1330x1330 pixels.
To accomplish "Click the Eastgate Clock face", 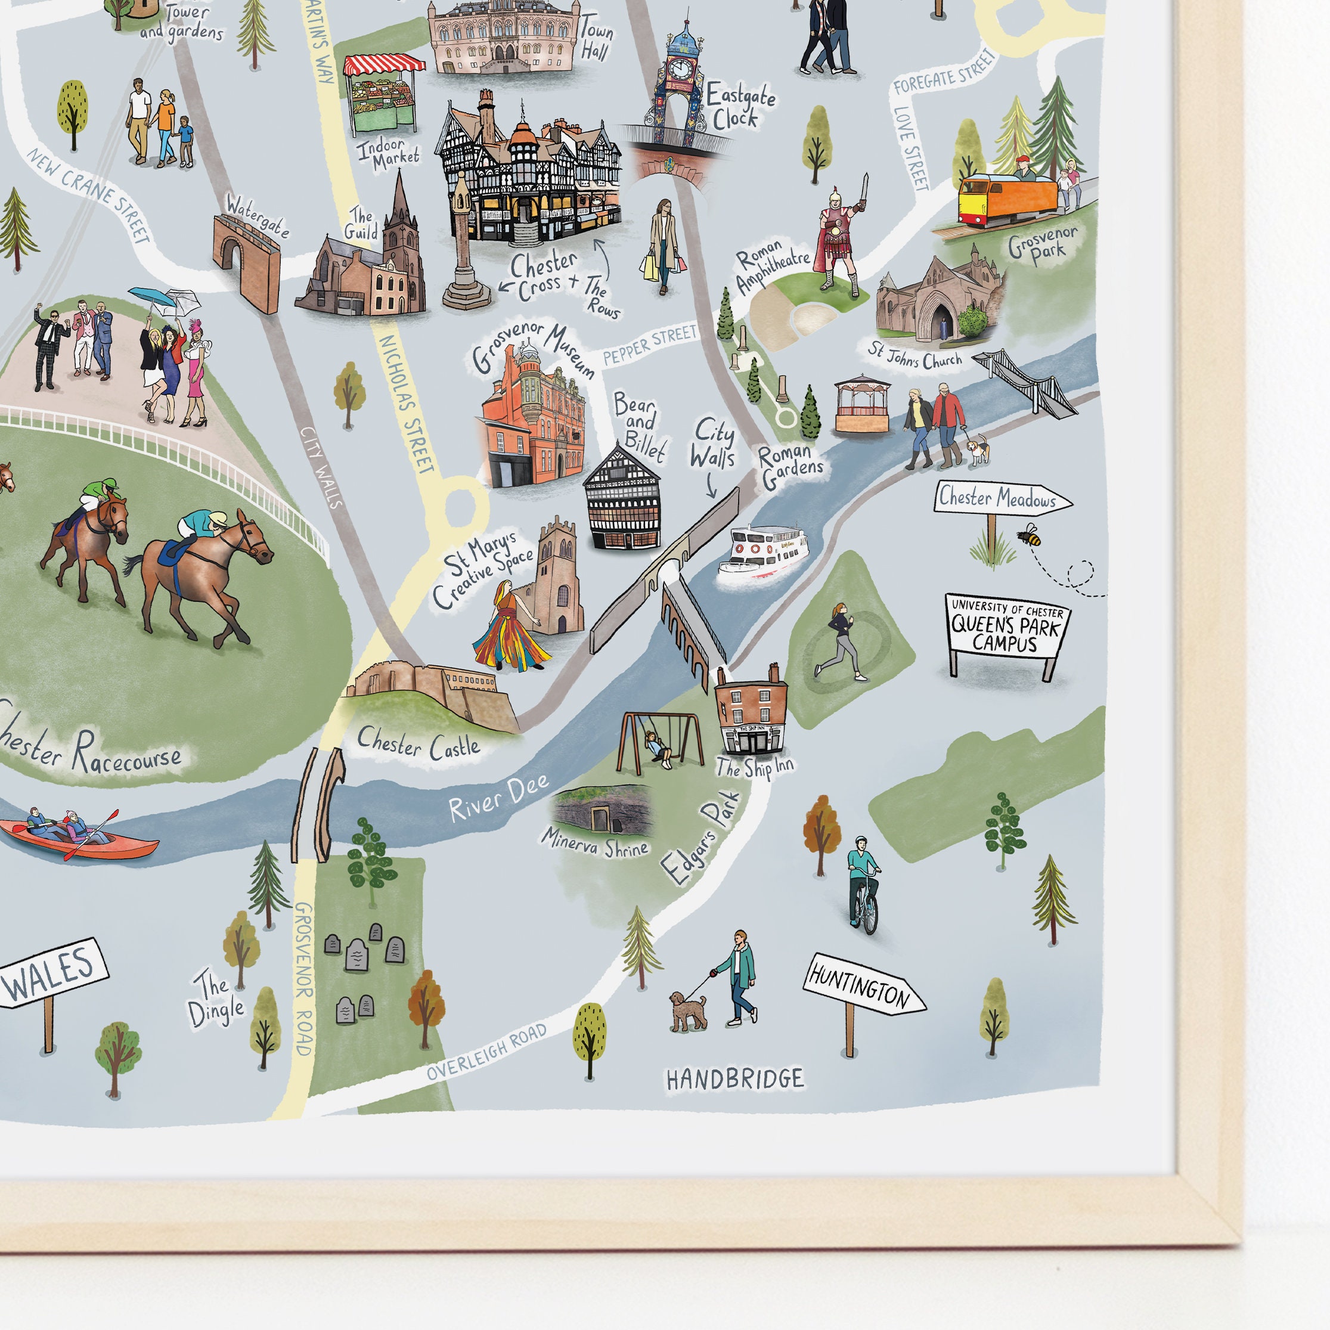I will [x=680, y=67].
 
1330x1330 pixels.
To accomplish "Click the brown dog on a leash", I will [x=687, y=1010].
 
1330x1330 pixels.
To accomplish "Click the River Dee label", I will [x=498, y=798].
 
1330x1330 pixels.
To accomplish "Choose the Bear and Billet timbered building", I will [x=622, y=501].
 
